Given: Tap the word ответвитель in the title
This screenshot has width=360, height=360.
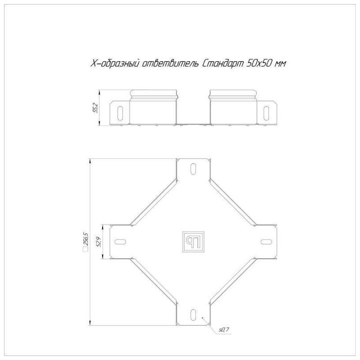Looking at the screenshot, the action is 170,63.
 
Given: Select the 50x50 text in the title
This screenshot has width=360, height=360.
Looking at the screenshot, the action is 259,63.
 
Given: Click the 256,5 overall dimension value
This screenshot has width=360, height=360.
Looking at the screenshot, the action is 86,239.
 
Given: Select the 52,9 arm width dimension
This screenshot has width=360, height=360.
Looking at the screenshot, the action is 99,242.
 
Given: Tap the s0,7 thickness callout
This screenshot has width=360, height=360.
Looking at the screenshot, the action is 224,330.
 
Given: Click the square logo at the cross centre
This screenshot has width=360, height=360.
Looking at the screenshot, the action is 193,242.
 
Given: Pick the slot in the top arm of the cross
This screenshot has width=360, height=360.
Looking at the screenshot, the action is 193,169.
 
